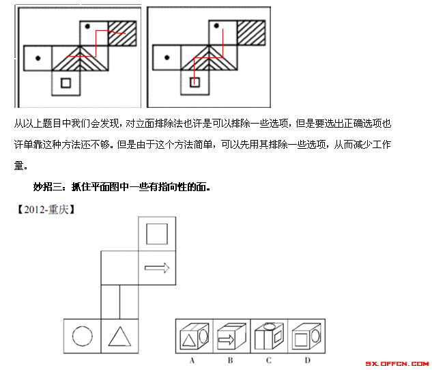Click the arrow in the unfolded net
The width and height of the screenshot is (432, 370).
157,268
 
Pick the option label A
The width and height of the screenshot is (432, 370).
192,360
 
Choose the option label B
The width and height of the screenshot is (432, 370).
230,360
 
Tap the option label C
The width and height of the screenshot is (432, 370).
269,360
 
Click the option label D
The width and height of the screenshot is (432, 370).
308,360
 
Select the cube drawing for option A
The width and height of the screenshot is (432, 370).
195,336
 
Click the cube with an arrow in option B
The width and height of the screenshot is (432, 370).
231,336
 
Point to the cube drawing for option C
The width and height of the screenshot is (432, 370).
269,336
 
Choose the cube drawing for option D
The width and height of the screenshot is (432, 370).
306,336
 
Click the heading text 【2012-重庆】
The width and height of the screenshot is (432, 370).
46,210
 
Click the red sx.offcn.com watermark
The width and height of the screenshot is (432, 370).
397,364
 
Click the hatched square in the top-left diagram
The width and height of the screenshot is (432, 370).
122,33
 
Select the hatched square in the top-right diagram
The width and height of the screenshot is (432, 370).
251,33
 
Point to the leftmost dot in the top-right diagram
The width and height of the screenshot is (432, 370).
167,57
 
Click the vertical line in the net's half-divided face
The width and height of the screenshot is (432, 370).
120,302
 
